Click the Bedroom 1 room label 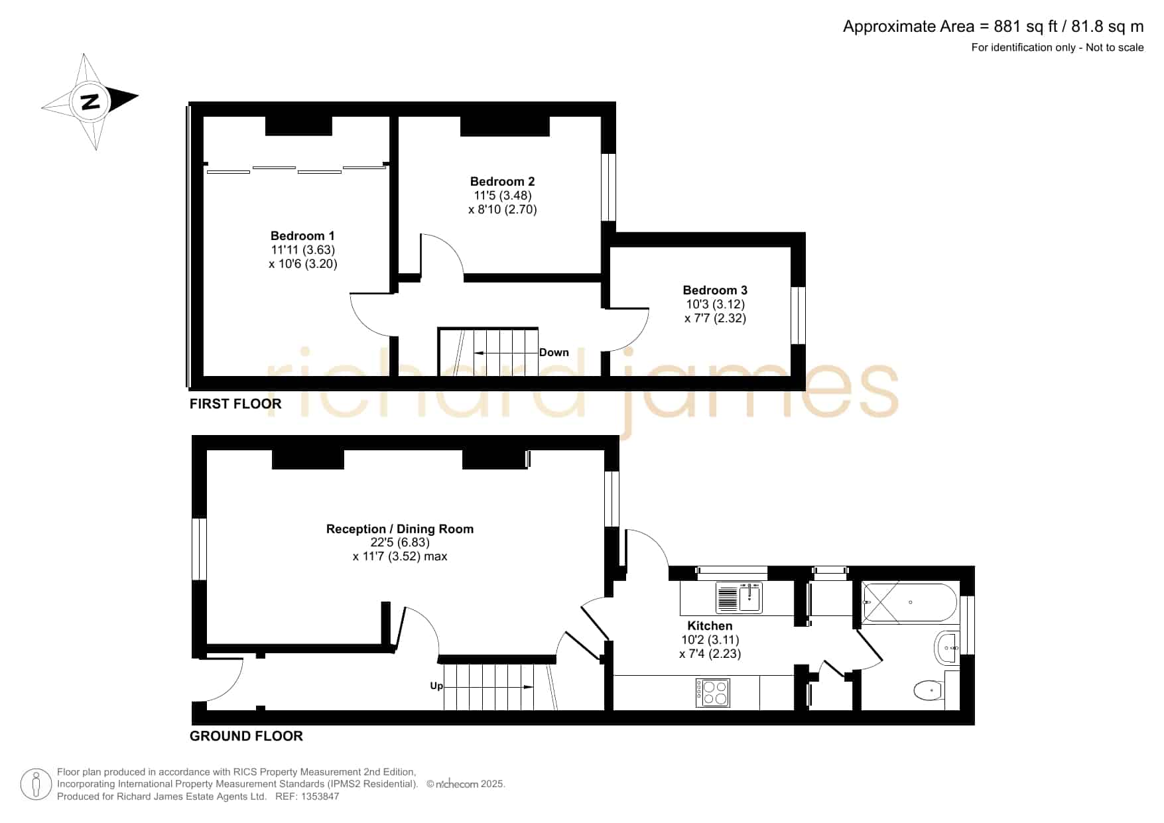coord(302,235)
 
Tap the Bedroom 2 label coord(502,181)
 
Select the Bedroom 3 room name coord(715,290)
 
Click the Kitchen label coord(710,625)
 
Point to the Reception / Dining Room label coord(400,529)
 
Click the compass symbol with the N coord(90,101)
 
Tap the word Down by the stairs coord(554,352)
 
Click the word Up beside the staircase coord(436,686)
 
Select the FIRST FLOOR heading coord(235,404)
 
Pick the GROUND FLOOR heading coord(246,736)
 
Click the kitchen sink coord(740,597)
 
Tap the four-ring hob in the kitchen coord(713,692)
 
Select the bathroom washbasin coord(946,647)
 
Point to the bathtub coord(909,602)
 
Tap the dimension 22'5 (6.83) coord(400,542)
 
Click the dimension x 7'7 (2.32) coord(715,318)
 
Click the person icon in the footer coord(36,785)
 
